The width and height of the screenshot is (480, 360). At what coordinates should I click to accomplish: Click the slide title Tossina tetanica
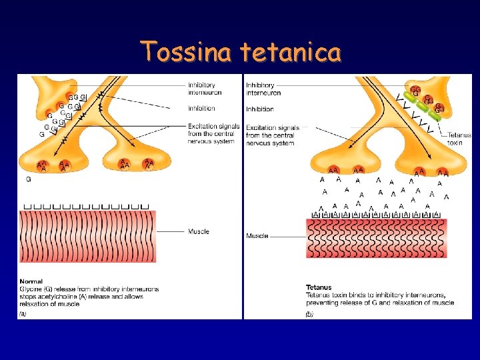pos(241,51)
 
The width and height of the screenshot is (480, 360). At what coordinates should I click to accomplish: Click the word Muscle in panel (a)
pos(198,231)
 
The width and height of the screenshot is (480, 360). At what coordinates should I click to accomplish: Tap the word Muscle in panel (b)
pos(257,236)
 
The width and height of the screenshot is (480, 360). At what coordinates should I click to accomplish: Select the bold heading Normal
pos(31,281)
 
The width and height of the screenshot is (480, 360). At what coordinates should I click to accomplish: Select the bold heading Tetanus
pos(319,287)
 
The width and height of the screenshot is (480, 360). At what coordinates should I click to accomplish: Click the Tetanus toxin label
pos(459,138)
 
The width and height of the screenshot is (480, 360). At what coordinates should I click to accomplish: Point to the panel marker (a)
pos(23,313)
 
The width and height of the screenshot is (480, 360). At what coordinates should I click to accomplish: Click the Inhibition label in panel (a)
pos(201,109)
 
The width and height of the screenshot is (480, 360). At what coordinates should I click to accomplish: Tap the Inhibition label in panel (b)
pos(259,109)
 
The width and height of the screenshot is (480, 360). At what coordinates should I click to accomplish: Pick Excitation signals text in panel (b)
pos(272,127)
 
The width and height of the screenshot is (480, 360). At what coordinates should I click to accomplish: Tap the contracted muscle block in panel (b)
pos(376,238)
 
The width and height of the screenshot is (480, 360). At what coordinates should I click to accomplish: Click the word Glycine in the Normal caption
pos(30,289)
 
